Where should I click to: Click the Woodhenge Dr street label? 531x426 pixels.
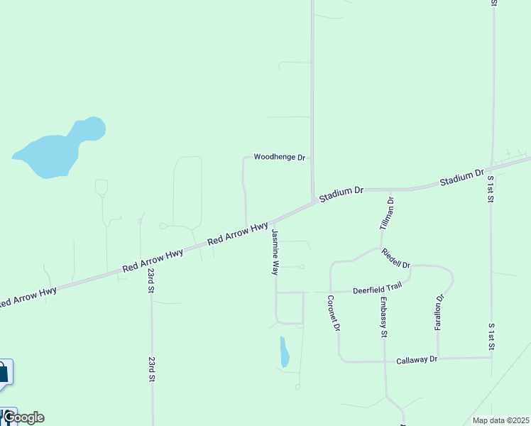click(x=279, y=157)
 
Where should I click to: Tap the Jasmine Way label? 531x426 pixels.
click(x=275, y=252)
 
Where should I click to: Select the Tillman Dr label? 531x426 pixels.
click(x=387, y=213)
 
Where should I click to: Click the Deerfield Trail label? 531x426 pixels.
click(x=378, y=288)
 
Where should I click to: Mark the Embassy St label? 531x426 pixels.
click(x=383, y=317)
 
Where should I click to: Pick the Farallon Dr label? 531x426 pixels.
click(x=439, y=312)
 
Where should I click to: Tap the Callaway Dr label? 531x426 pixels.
click(x=417, y=360)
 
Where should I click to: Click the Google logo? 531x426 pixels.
click(x=23, y=417)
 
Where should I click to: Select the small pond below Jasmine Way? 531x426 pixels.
click(x=284, y=352)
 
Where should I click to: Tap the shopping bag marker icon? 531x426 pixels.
click(x=3, y=372)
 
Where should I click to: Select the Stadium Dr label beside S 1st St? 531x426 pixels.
click(x=461, y=177)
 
